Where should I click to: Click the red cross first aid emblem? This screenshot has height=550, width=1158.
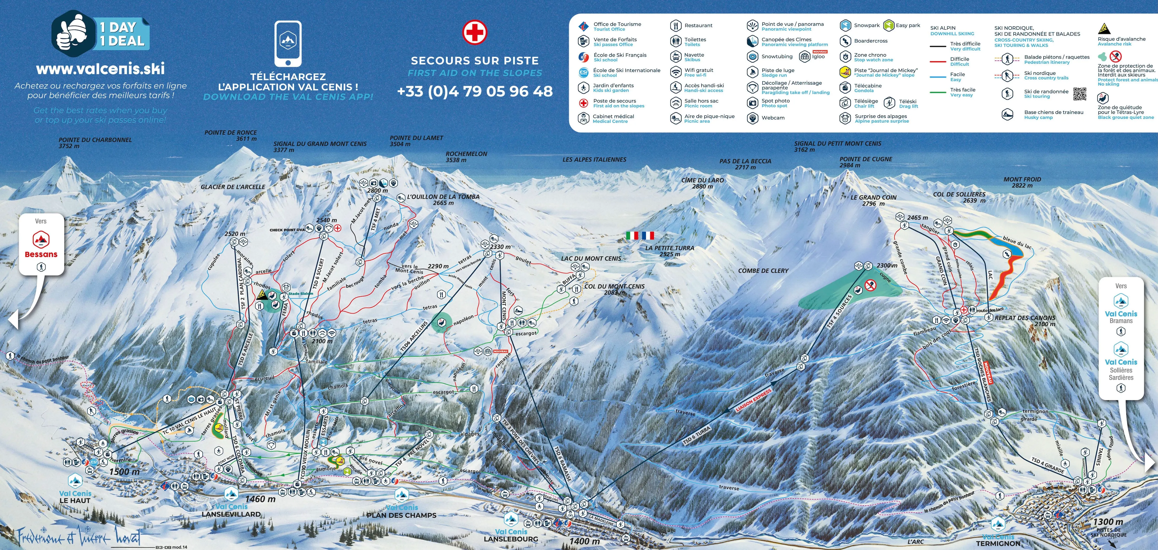pos(475,32)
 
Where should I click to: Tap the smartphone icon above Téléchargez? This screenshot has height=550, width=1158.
pos(288,44)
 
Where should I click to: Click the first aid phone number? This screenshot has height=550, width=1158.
pos(475,91)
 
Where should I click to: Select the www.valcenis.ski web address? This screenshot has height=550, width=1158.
pos(100,68)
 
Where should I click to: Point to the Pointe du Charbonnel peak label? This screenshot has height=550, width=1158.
pos(95,143)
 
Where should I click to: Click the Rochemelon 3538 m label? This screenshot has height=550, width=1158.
pos(466,156)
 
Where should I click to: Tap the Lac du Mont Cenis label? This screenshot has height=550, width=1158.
pos(591,259)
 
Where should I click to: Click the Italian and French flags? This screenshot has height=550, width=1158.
pos(640,235)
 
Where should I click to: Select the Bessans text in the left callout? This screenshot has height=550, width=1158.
pos(41,255)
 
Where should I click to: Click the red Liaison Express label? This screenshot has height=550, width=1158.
pos(753,400)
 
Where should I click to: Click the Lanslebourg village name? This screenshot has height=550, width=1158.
pos(511,539)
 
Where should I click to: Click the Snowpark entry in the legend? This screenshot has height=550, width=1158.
pos(866,26)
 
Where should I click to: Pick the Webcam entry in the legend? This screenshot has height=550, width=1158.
pos(773,118)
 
